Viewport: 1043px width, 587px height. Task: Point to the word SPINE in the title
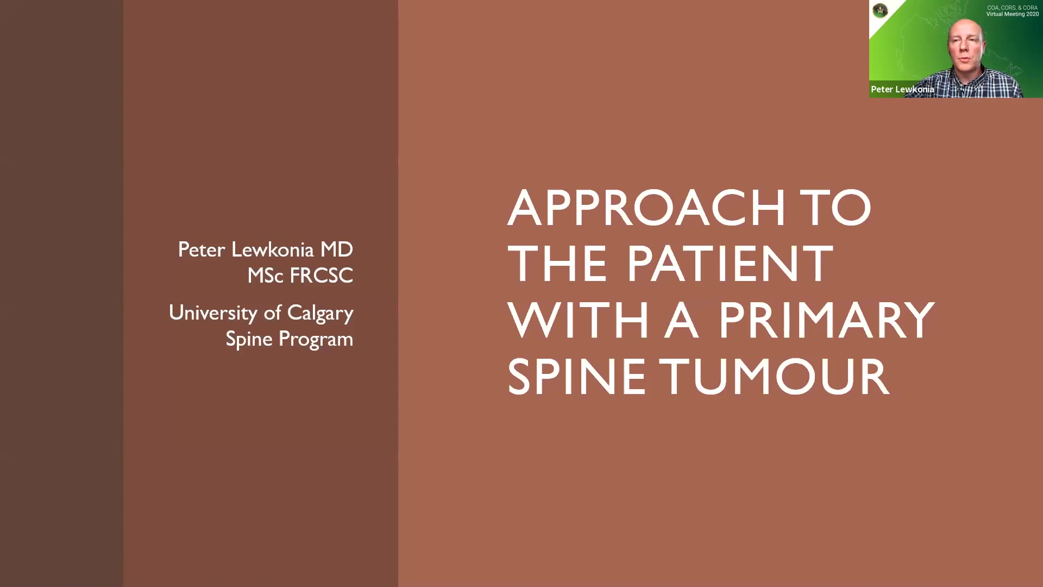(x=576, y=376)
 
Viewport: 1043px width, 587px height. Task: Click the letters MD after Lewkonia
(x=336, y=249)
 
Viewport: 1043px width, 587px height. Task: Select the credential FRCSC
(x=321, y=276)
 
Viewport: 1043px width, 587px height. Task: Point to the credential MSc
(x=265, y=276)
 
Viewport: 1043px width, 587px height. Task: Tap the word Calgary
(x=320, y=313)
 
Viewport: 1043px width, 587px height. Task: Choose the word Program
(x=316, y=339)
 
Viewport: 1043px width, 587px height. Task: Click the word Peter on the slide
(x=201, y=249)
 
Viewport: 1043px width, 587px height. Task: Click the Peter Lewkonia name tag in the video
(x=902, y=90)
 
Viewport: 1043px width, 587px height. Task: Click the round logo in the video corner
(x=880, y=10)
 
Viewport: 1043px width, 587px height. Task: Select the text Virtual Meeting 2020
(x=1013, y=14)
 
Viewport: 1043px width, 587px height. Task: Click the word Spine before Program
(x=249, y=339)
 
